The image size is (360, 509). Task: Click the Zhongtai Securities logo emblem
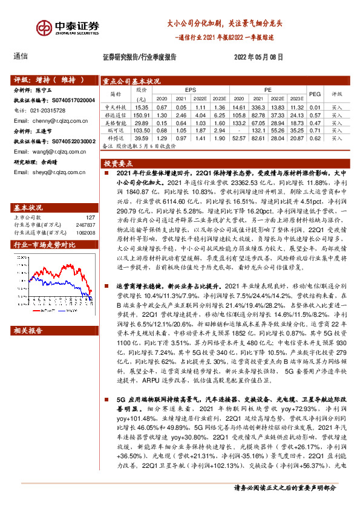click(x=45, y=28)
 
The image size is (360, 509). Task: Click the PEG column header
click(x=315, y=94)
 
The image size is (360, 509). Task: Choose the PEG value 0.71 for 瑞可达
click(x=315, y=130)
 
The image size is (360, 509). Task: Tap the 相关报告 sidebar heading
click(x=28, y=331)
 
